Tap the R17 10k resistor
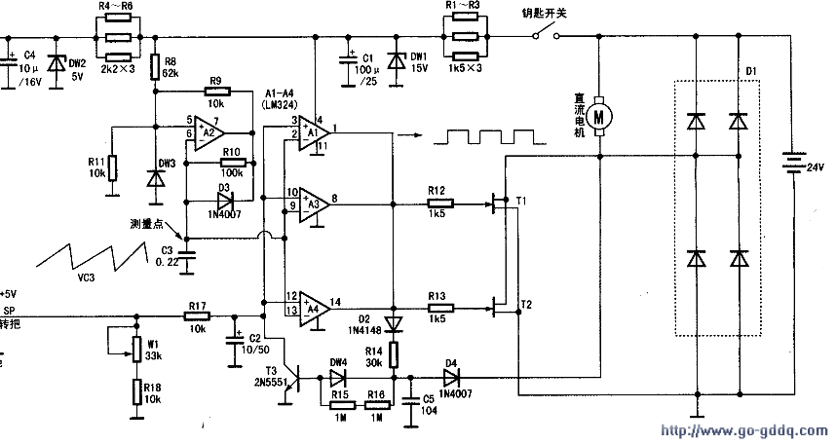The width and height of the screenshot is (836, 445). point(198,316)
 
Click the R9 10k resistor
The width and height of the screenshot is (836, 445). point(216,93)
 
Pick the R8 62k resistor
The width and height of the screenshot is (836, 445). point(155,66)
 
